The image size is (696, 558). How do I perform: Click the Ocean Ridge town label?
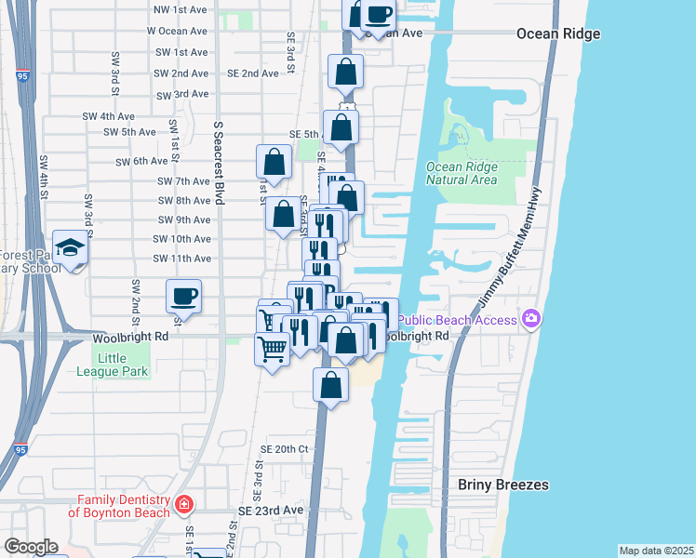coord(558,34)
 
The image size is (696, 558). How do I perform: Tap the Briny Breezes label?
coord(503,485)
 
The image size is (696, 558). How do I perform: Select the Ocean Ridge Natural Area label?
coord(462,174)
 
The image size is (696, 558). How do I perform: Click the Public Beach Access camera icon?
coord(531,319)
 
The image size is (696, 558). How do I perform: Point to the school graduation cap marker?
coord(70,247)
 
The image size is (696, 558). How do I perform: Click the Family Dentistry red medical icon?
coord(184,504)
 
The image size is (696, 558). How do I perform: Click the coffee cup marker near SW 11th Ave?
coord(183,296)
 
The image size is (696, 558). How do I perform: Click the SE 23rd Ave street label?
coord(271,511)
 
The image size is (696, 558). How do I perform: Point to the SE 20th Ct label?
coord(284,448)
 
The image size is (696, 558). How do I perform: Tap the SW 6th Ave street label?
coord(141,162)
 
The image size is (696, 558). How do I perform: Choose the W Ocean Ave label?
coord(177,31)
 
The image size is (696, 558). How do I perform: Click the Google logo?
coord(30,547)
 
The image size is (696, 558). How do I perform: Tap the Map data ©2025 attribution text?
coord(655,551)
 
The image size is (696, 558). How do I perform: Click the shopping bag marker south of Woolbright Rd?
coord(330,383)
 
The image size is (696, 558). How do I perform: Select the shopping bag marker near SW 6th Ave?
coord(274,162)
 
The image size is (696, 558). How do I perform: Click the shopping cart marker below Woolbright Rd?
coord(272,351)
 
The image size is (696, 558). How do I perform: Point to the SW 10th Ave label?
coord(183,239)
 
